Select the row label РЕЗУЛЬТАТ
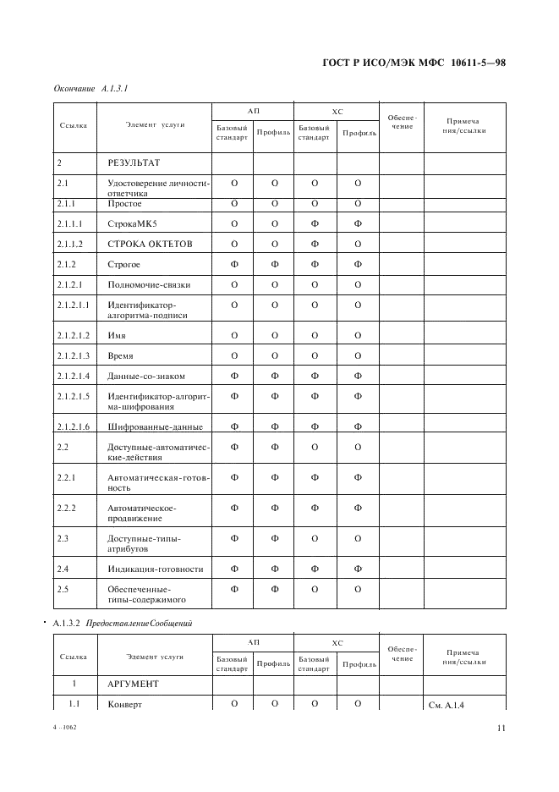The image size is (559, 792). tap(134, 162)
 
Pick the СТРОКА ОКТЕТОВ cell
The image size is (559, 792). tap(150, 245)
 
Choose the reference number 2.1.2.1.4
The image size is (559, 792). tap(74, 376)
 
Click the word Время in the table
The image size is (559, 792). tap(121, 355)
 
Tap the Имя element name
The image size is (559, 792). tap(117, 336)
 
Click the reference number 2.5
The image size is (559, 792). tap(63, 589)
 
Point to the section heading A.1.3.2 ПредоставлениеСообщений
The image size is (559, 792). tap(123, 624)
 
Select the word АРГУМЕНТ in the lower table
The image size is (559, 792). tap(134, 682)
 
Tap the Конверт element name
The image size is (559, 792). tap(125, 704)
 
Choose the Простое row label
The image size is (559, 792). tap(124, 204)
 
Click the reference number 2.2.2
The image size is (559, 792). tap(67, 508)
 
